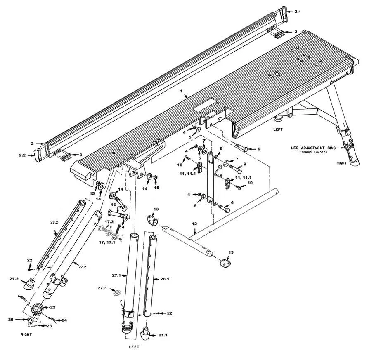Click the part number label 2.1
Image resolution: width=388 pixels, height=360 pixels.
tap(298, 12)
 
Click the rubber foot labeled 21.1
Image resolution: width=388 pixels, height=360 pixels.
tap(146, 332)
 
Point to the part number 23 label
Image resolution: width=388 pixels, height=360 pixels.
tap(52, 307)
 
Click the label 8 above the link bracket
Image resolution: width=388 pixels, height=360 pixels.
tap(221, 148)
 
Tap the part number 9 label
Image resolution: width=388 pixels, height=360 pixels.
tap(245, 165)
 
